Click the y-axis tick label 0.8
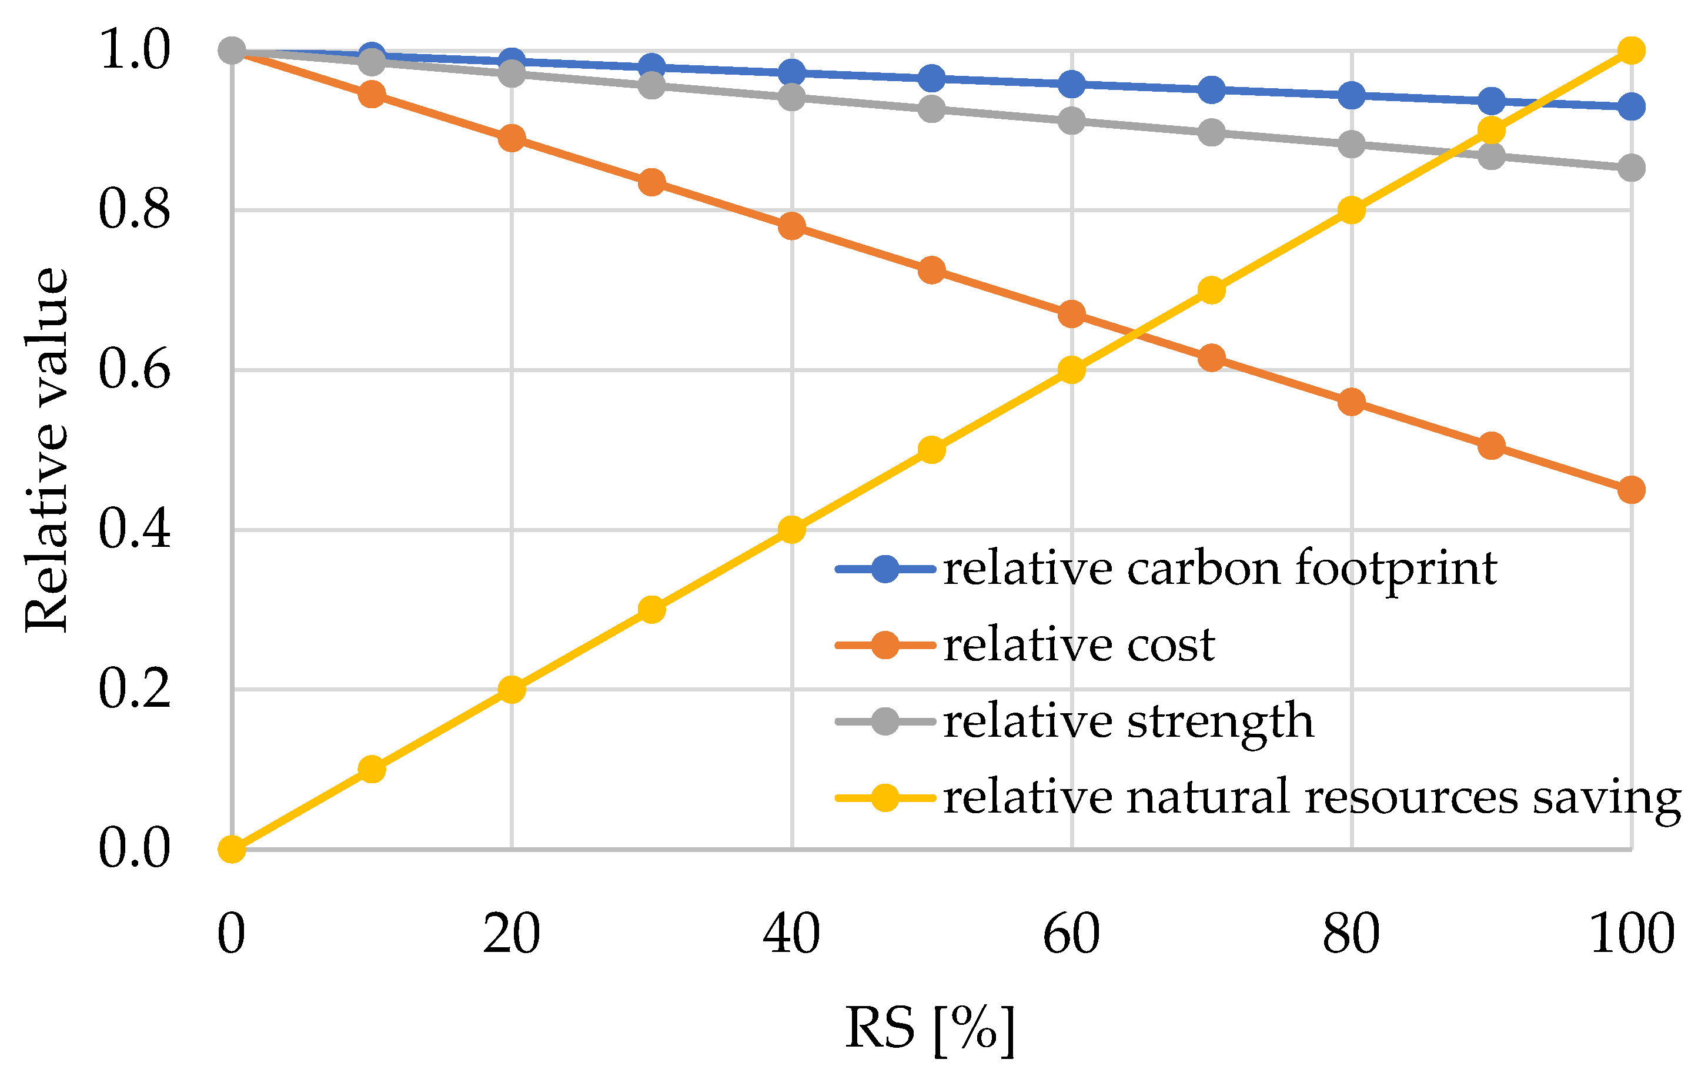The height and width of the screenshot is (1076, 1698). click(134, 209)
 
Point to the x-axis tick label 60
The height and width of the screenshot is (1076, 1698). click(1071, 934)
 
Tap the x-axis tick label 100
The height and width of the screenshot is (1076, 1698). click(1632, 934)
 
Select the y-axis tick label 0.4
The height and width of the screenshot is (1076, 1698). click(134, 530)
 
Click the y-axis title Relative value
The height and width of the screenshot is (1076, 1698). click(46, 450)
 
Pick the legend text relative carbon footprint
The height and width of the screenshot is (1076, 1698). click(1220, 569)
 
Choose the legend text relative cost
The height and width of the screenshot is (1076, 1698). click(1079, 644)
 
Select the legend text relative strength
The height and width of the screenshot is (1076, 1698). click(1128, 721)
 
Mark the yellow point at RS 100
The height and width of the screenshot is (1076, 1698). click(1631, 51)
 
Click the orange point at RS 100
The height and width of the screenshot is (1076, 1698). click(1631, 489)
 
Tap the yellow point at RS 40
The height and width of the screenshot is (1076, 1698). click(792, 530)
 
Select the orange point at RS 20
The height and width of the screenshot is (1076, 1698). click(512, 138)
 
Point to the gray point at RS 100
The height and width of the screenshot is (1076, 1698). click(1631, 168)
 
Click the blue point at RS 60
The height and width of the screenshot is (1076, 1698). click(1071, 85)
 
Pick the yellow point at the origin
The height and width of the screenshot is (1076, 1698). click(232, 849)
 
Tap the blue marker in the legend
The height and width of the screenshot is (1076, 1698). click(885, 569)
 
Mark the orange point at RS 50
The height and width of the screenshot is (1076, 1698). click(931, 270)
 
